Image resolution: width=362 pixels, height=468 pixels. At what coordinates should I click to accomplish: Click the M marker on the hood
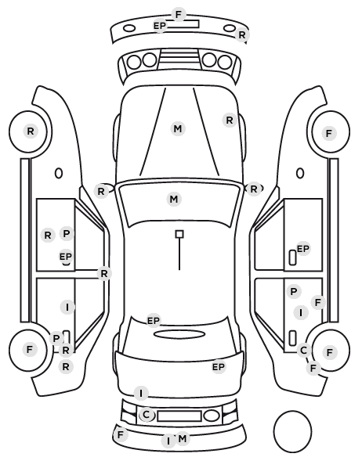click(x=178, y=128)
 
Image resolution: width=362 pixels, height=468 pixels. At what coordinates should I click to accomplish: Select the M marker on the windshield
click(x=174, y=199)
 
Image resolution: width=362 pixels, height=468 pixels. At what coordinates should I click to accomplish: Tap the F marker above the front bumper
click(x=179, y=14)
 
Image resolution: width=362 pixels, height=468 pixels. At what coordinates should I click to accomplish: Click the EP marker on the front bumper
click(x=159, y=26)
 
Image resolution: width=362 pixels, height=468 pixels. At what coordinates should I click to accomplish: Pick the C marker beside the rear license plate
click(x=147, y=415)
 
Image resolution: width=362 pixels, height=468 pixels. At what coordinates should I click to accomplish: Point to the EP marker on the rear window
click(x=154, y=321)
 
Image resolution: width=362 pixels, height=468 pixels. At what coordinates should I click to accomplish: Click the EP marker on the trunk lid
click(x=218, y=367)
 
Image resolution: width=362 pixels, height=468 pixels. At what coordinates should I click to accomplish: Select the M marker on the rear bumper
click(x=183, y=438)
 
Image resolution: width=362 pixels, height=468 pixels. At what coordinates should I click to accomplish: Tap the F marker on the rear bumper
click(x=120, y=435)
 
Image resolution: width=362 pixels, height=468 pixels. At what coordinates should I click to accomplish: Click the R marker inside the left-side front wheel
click(x=31, y=131)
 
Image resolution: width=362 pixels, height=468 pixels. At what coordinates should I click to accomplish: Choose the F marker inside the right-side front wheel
click(x=329, y=133)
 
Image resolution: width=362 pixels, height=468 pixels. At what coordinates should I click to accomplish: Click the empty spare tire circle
click(x=292, y=431)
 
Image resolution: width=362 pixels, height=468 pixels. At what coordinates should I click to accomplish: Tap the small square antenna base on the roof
click(x=179, y=234)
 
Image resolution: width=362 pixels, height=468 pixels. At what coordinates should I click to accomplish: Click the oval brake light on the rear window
click(x=179, y=334)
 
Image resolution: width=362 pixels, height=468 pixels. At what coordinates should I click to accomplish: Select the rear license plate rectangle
click(x=179, y=416)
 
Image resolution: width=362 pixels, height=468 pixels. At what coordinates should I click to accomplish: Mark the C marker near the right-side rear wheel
click(x=304, y=350)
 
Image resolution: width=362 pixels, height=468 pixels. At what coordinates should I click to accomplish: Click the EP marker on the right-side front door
click(x=302, y=249)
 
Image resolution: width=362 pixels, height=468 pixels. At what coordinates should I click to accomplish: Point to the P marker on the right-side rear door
click(x=294, y=291)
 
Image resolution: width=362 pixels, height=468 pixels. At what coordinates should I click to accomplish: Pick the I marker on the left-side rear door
click(x=67, y=307)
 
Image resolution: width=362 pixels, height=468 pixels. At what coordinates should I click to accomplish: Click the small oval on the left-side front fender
click(x=59, y=173)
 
